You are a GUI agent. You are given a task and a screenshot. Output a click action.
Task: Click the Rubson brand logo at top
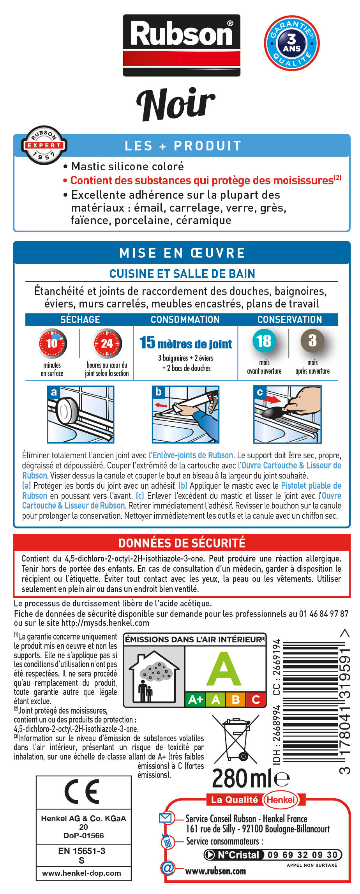(x=182, y=45)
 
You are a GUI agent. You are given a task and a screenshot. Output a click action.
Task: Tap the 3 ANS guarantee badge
(x=291, y=43)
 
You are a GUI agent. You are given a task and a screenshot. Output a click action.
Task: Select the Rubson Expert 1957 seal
(x=44, y=145)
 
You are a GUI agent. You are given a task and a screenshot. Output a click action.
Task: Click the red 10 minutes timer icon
(x=52, y=343)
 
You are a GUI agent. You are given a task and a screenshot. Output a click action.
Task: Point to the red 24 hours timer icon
(x=107, y=343)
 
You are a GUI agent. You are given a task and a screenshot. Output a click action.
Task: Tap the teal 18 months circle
(x=264, y=341)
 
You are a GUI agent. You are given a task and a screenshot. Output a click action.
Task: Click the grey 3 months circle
(x=312, y=341)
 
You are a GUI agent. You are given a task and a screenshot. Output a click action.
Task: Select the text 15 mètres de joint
(x=186, y=343)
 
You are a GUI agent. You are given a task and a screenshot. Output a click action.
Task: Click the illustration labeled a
(x=81, y=414)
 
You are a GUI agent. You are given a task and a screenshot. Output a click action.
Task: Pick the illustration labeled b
(x=185, y=414)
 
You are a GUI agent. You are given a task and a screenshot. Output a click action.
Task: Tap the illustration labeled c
(x=287, y=414)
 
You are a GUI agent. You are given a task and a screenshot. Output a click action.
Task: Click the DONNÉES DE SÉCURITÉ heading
(x=182, y=543)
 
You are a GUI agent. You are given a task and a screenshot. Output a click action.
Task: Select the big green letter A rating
(x=224, y=669)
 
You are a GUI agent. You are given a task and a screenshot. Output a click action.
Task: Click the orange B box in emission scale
(x=235, y=699)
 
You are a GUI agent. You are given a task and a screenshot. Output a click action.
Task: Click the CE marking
(x=83, y=792)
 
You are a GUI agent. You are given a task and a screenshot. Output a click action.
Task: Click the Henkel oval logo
(x=281, y=800)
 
